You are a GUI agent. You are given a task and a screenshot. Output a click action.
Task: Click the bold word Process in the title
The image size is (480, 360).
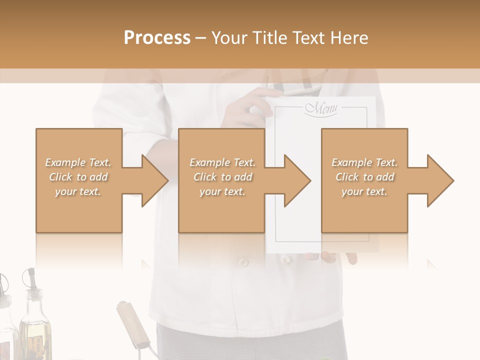pos(157,37)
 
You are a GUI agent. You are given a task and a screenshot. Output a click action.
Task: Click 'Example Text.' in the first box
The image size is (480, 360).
pos(78,162)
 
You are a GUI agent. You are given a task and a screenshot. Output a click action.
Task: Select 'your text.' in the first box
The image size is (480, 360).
pos(78,191)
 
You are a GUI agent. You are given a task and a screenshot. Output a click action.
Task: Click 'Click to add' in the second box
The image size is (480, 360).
pos(222,177)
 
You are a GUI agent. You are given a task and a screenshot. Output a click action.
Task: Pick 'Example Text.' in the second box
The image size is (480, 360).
pos(222,162)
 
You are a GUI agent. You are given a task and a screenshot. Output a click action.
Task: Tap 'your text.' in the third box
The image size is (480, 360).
pos(364,191)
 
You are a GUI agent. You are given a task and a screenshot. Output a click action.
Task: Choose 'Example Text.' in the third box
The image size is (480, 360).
pos(364,162)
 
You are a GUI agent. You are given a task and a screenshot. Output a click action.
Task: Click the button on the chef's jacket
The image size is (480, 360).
pos(243,262)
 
